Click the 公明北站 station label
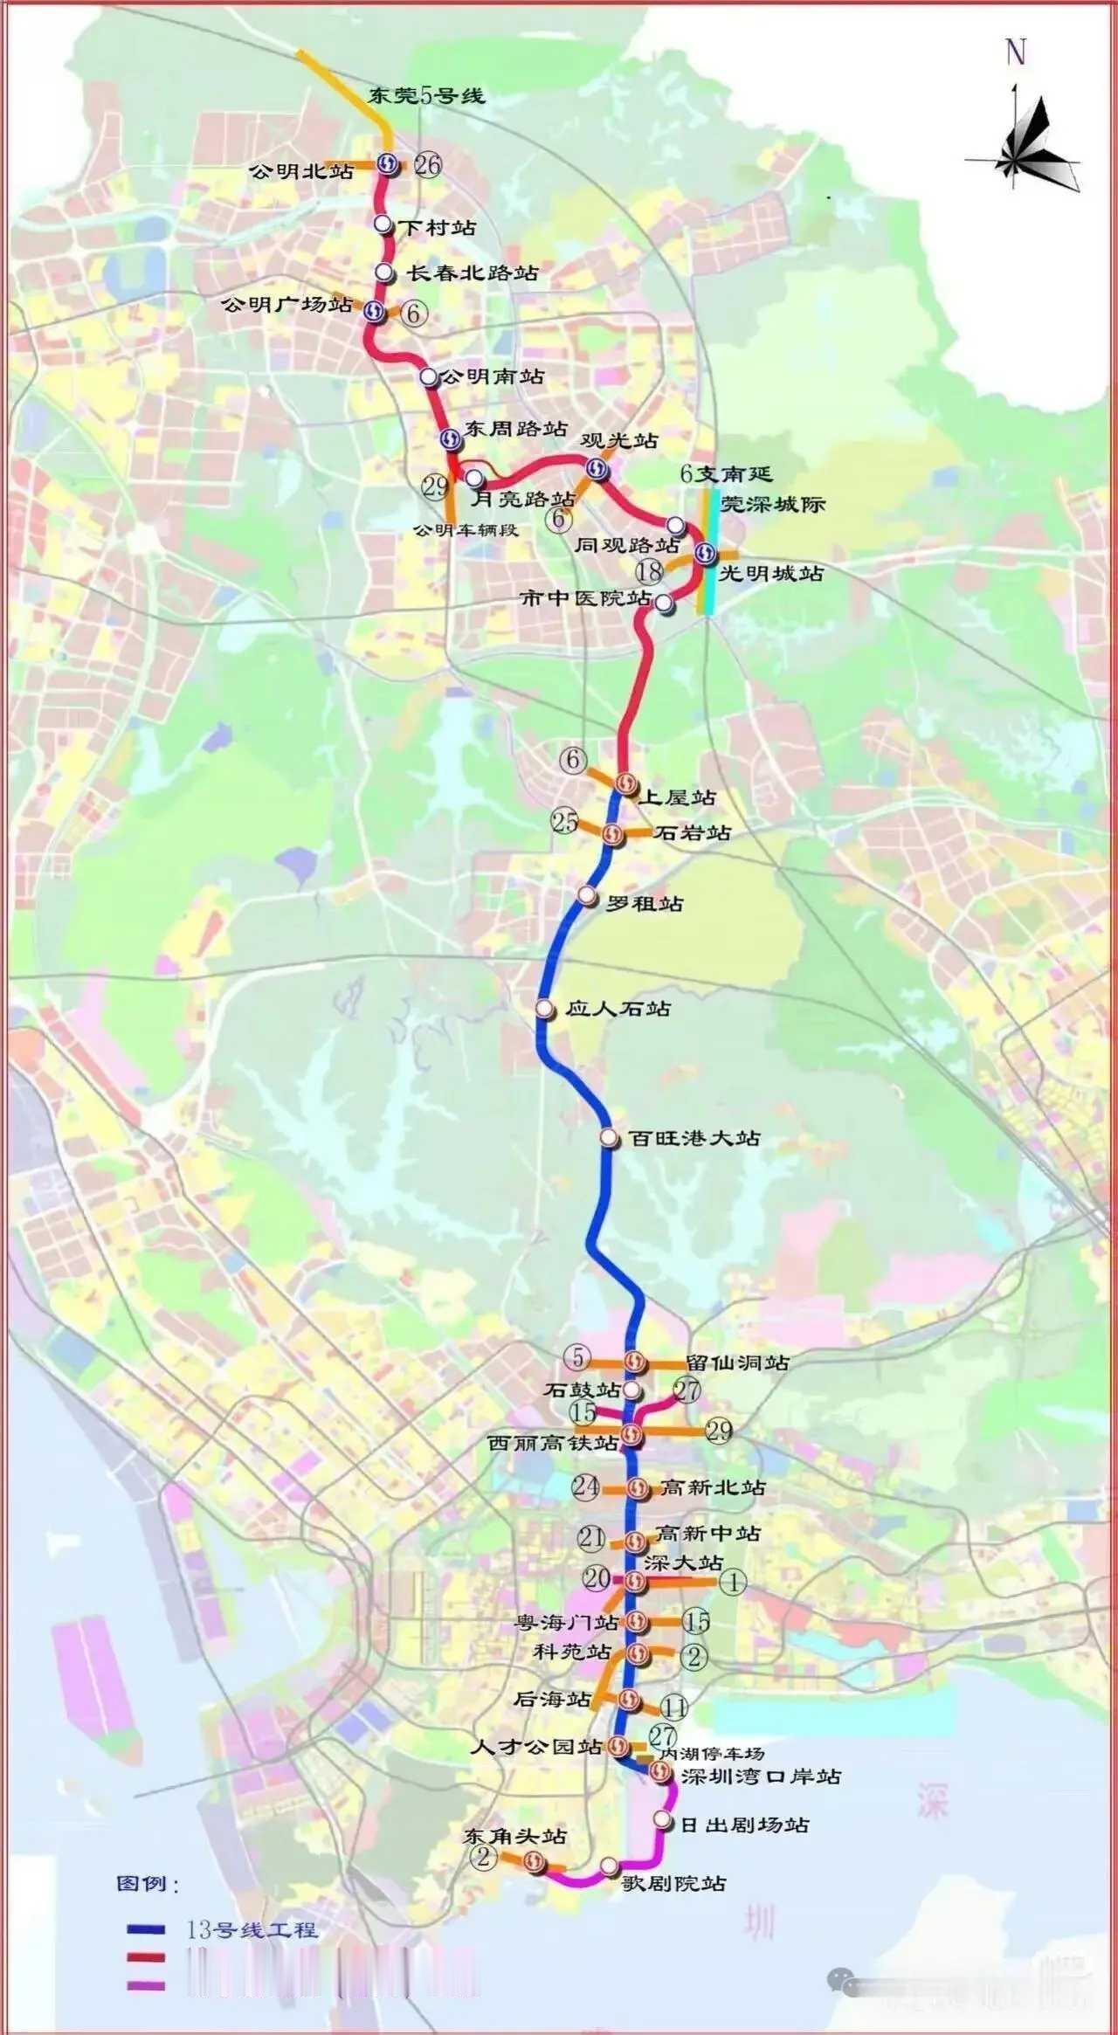point(302,171)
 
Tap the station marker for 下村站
point(383,224)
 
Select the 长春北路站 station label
point(473,273)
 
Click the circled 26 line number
point(428,164)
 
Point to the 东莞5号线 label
point(426,95)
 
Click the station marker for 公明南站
point(428,376)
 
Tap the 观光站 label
point(619,441)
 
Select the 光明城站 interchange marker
point(706,553)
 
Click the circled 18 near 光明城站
point(649,572)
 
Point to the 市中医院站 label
point(585,598)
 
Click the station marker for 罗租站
point(587,895)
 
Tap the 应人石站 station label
point(618,1009)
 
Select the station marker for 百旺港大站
point(610,1137)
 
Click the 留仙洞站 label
point(738,1362)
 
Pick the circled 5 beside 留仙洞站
point(577,1358)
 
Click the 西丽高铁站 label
point(553,1443)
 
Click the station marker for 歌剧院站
point(609,1866)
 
